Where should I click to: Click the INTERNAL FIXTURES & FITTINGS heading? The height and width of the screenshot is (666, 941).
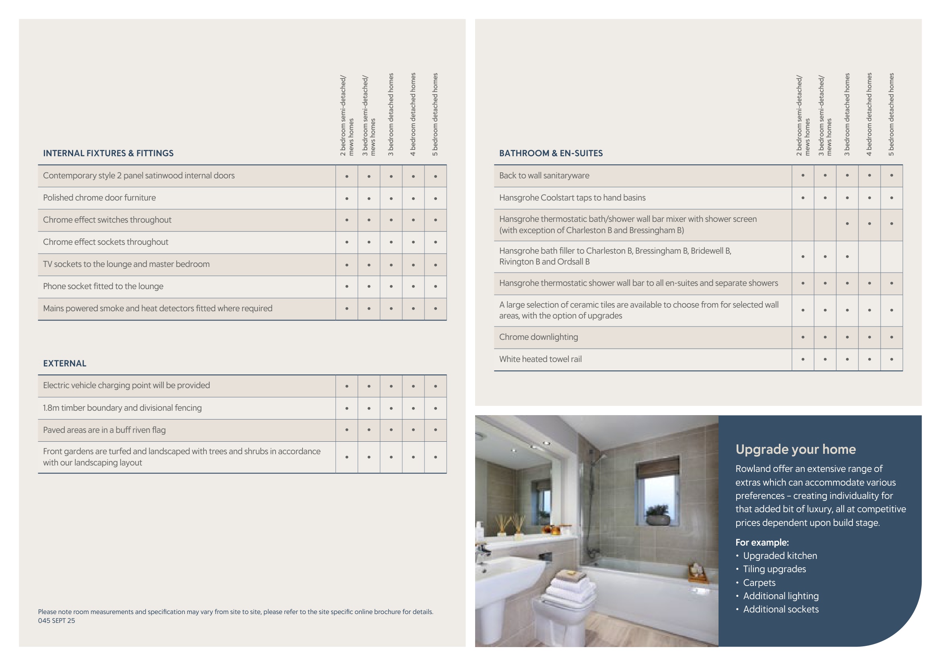[108, 153]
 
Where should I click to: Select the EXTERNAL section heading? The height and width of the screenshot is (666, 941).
[65, 363]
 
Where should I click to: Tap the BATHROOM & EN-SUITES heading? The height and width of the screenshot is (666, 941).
[550, 153]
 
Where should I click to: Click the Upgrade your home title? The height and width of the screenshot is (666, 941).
[795, 449]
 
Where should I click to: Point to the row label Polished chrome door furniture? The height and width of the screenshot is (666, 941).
[99, 198]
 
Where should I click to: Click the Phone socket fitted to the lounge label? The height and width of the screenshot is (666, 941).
[103, 286]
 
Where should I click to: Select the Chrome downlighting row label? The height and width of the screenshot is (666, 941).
[538, 337]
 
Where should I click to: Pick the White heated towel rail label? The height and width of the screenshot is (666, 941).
[540, 359]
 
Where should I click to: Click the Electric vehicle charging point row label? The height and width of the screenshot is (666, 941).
[126, 385]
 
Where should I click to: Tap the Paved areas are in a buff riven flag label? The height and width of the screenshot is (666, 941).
[104, 430]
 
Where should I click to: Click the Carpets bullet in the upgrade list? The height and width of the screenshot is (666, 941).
[759, 583]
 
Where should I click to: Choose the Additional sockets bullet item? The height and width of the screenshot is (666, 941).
[780, 609]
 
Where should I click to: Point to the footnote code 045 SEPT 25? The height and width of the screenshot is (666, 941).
[57, 621]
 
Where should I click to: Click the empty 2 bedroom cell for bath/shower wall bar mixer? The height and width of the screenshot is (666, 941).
[803, 225]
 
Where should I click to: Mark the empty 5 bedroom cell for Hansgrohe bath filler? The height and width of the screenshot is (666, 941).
[891, 257]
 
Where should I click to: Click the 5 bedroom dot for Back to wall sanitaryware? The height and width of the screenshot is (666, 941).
[891, 176]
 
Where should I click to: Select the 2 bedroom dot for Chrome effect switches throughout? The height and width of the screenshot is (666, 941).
[347, 220]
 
